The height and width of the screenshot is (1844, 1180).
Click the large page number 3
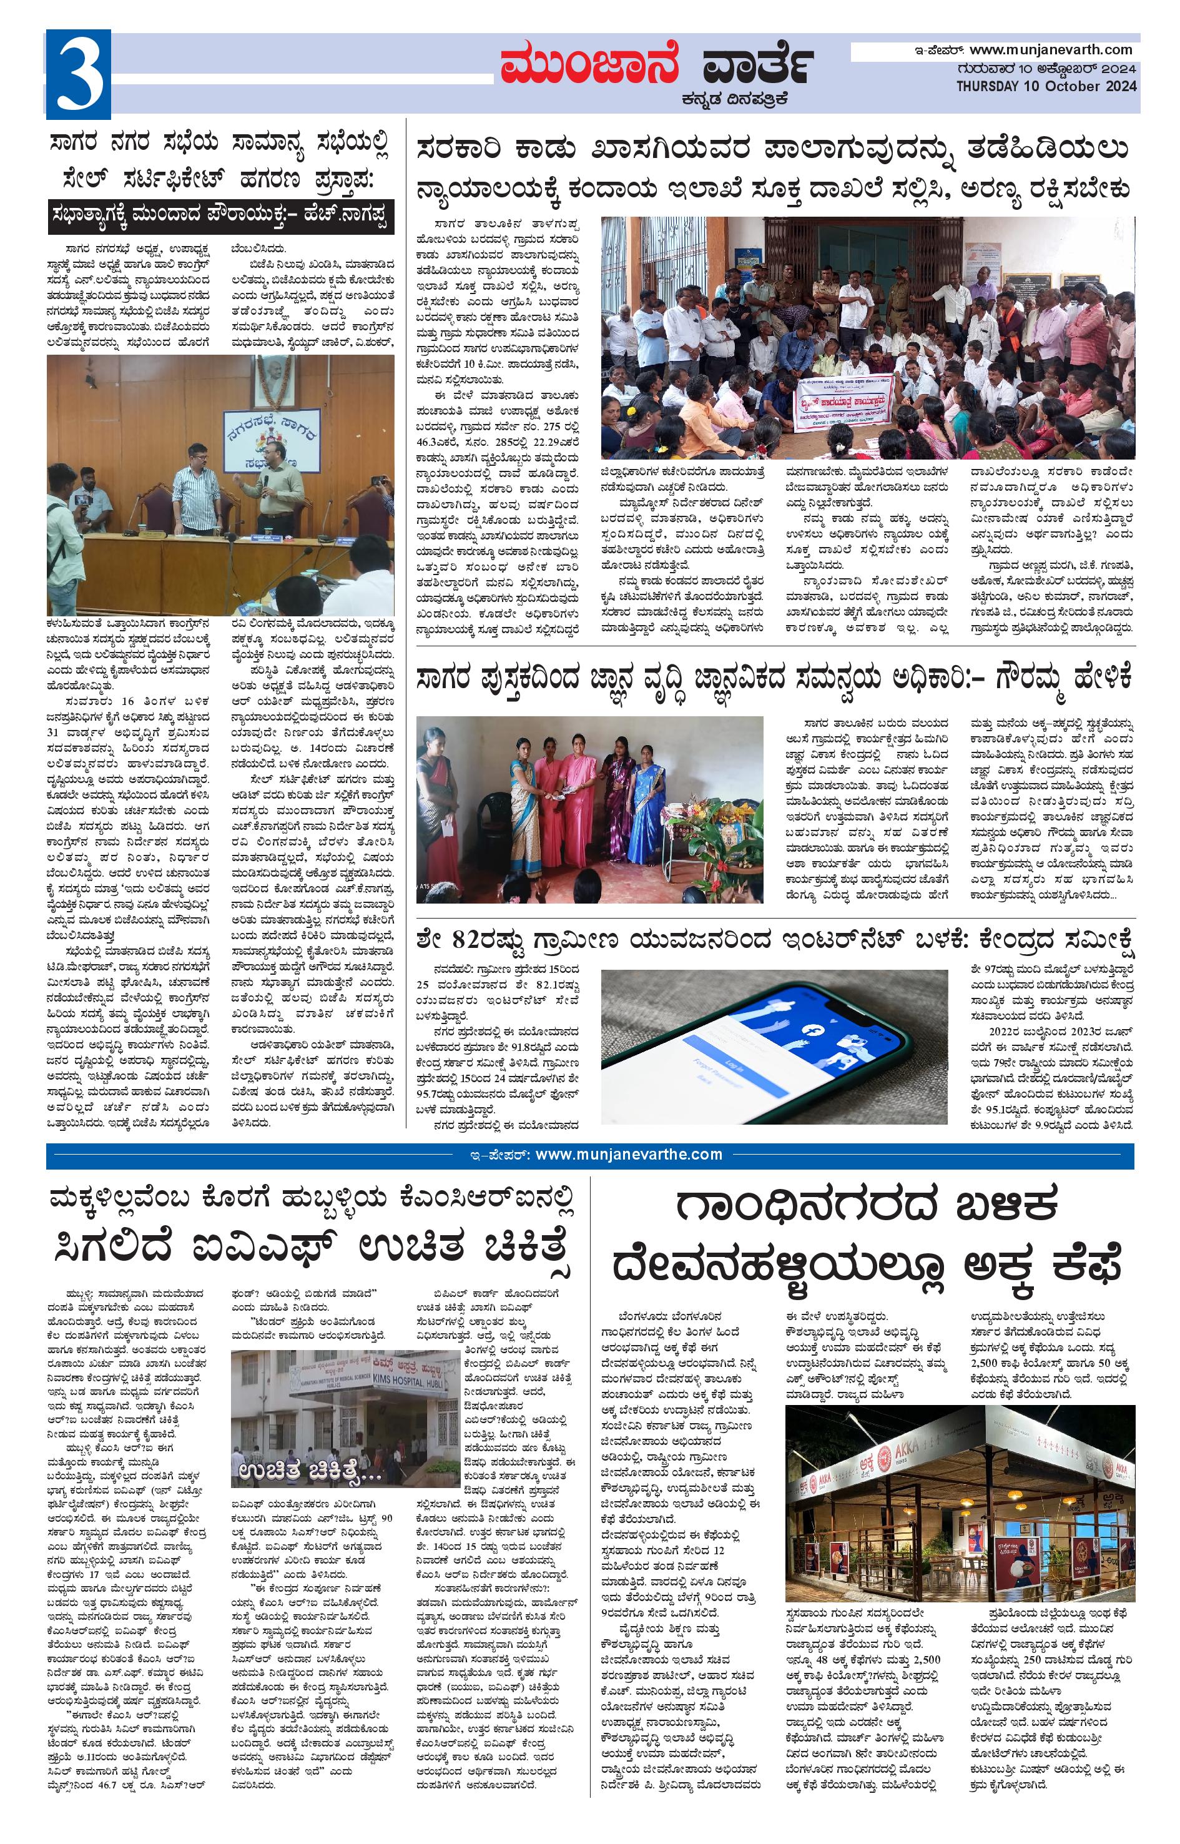tap(78, 74)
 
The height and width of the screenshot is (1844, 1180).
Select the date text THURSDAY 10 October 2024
tap(1046, 87)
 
